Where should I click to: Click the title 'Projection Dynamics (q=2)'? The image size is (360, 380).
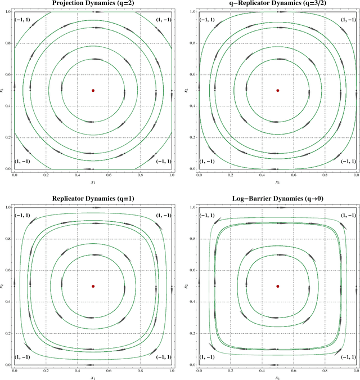point(93,3)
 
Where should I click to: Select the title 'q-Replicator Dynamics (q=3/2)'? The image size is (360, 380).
point(277,3)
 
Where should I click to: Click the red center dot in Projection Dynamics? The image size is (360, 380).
point(93,90)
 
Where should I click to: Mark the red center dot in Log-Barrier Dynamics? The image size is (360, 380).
point(277,286)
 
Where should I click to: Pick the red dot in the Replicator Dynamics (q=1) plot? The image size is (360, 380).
point(93,286)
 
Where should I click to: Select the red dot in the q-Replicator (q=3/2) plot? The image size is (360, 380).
point(277,90)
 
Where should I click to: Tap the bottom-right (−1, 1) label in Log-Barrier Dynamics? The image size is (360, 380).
point(346,357)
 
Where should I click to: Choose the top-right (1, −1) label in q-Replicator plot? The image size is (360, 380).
point(346,20)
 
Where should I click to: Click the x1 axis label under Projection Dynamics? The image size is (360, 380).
point(93,182)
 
